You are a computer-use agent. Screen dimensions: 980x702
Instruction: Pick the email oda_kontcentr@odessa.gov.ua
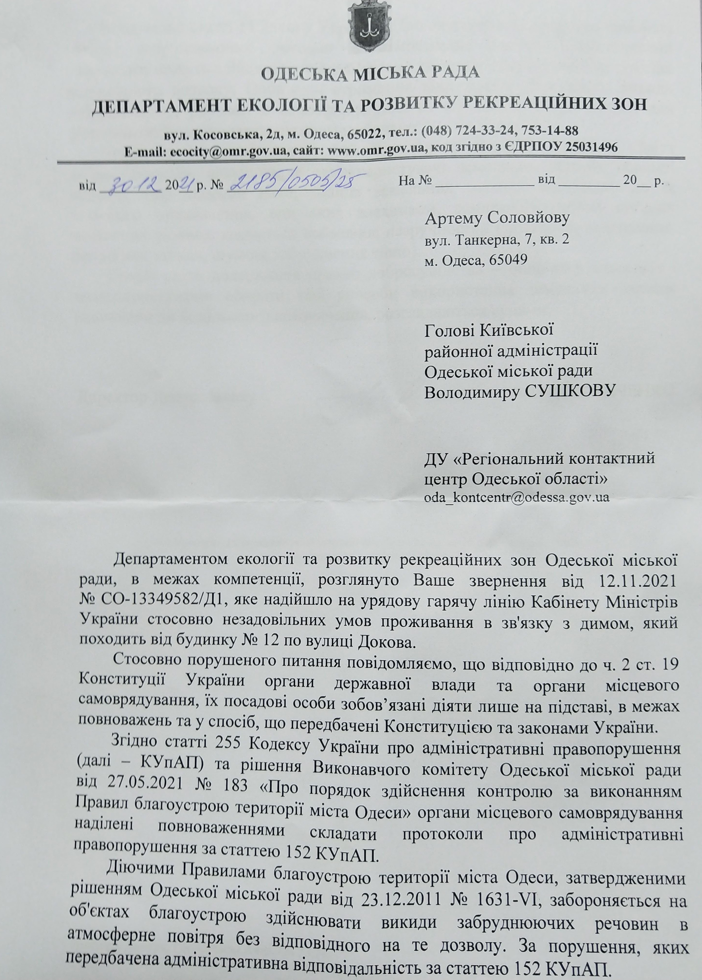[x=517, y=497]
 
